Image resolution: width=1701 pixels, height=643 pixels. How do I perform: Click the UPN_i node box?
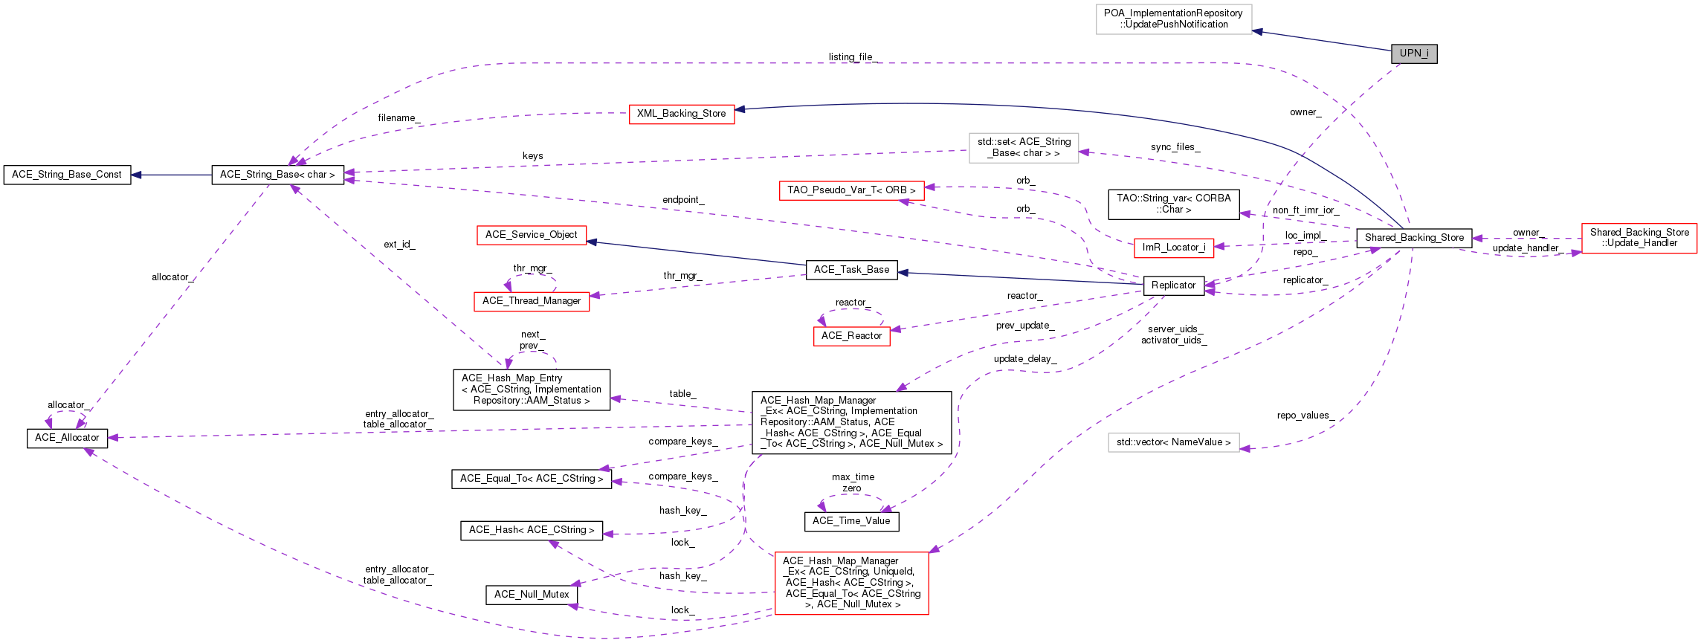(1414, 54)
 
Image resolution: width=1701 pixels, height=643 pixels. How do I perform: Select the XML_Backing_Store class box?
(682, 114)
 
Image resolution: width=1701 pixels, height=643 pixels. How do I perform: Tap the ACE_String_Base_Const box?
(67, 175)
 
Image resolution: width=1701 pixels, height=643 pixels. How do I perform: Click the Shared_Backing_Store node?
(1414, 238)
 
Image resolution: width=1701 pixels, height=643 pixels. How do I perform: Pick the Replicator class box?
(1173, 285)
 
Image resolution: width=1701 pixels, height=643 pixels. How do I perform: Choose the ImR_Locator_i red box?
(1174, 248)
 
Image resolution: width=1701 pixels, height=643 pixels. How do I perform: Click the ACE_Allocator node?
(67, 438)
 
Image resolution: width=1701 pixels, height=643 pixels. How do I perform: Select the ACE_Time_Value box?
(851, 521)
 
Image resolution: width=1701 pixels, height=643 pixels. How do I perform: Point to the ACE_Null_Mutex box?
(532, 595)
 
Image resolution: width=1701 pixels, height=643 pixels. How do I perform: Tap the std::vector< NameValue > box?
(1174, 442)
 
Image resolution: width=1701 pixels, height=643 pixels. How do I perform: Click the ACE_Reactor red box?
(851, 336)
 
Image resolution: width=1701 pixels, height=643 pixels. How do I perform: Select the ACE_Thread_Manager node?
(532, 301)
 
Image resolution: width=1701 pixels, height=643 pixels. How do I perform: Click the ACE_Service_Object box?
(531, 235)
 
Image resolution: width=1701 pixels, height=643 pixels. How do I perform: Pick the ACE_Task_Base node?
(851, 270)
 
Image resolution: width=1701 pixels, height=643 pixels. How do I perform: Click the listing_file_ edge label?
(853, 57)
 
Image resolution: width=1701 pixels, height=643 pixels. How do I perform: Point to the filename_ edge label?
(399, 118)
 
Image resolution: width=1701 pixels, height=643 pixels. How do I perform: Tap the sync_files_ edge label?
(1175, 147)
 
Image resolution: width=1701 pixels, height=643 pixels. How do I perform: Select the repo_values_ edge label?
(1305, 416)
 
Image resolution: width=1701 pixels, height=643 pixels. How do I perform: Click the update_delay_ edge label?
(1025, 359)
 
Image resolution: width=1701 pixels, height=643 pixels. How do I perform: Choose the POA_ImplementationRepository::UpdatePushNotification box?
(1174, 19)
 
